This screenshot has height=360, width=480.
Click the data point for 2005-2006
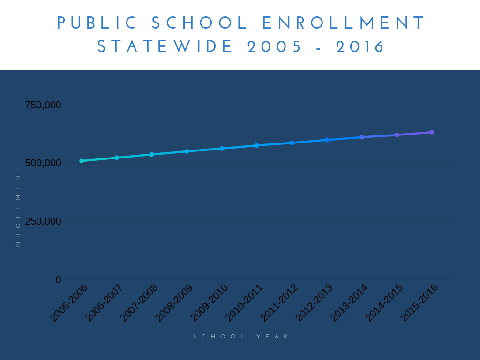pyautogui.click(x=82, y=161)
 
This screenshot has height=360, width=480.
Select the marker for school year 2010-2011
pyautogui.click(x=257, y=145)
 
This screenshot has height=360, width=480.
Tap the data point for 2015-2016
pyautogui.click(x=432, y=132)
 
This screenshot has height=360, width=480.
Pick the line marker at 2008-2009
pyautogui.click(x=187, y=151)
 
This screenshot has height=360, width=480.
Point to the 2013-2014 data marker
pyautogui.click(x=362, y=137)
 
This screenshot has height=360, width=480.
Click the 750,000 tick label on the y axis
pyautogui.click(x=43, y=105)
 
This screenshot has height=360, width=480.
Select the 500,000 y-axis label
pyautogui.click(x=43, y=163)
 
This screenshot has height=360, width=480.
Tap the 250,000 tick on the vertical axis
pyautogui.click(x=43, y=221)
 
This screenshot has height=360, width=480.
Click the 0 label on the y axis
pyautogui.click(x=59, y=280)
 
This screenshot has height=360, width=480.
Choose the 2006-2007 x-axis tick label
pyautogui.click(x=104, y=303)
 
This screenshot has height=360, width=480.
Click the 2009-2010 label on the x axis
pyautogui.click(x=209, y=303)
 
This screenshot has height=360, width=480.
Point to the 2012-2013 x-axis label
pyautogui.click(x=314, y=303)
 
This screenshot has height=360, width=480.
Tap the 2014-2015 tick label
pyautogui.click(x=384, y=303)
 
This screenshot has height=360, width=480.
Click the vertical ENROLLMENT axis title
pyautogui.click(x=18, y=211)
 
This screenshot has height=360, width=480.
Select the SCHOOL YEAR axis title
pyautogui.click(x=241, y=337)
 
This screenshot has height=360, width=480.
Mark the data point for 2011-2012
pyautogui.click(x=292, y=143)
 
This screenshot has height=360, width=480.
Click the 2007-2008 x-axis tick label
pyautogui.click(x=139, y=303)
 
